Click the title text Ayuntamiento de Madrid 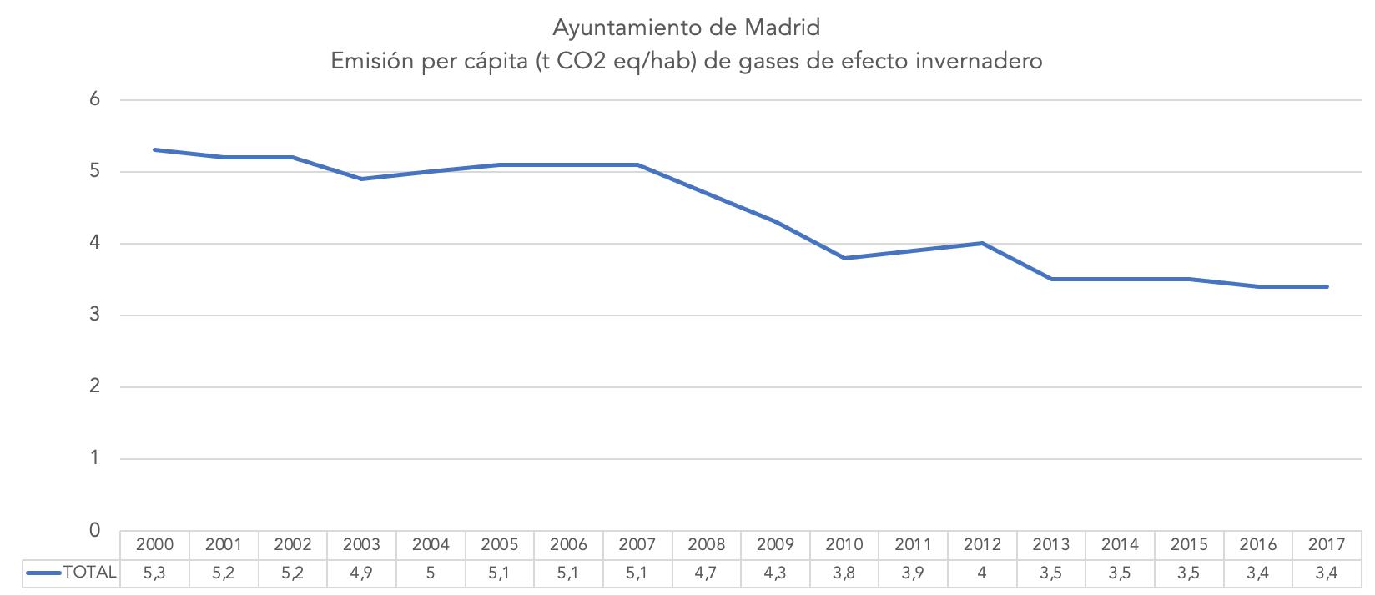pyautogui.click(x=686, y=28)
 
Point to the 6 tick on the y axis pyautogui.click(x=95, y=99)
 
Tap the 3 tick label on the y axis pyautogui.click(x=95, y=315)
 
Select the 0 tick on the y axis pyautogui.click(x=95, y=530)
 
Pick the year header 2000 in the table pyautogui.click(x=155, y=545)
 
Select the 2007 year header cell pyautogui.click(x=637, y=545)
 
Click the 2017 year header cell pyautogui.click(x=1327, y=545)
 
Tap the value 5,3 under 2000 pyautogui.click(x=155, y=573)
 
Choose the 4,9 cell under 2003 pyautogui.click(x=362, y=573)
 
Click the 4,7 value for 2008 pyautogui.click(x=707, y=573)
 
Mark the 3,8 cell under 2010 pyautogui.click(x=844, y=573)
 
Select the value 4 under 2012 pyautogui.click(x=982, y=573)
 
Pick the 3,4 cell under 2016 pyautogui.click(x=1258, y=573)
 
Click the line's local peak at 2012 pyautogui.click(x=982, y=243)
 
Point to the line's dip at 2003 pyautogui.click(x=362, y=179)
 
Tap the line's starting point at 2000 pyautogui.click(x=155, y=149)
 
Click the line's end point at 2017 pyautogui.click(x=1327, y=286)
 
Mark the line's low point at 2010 pyautogui.click(x=844, y=258)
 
